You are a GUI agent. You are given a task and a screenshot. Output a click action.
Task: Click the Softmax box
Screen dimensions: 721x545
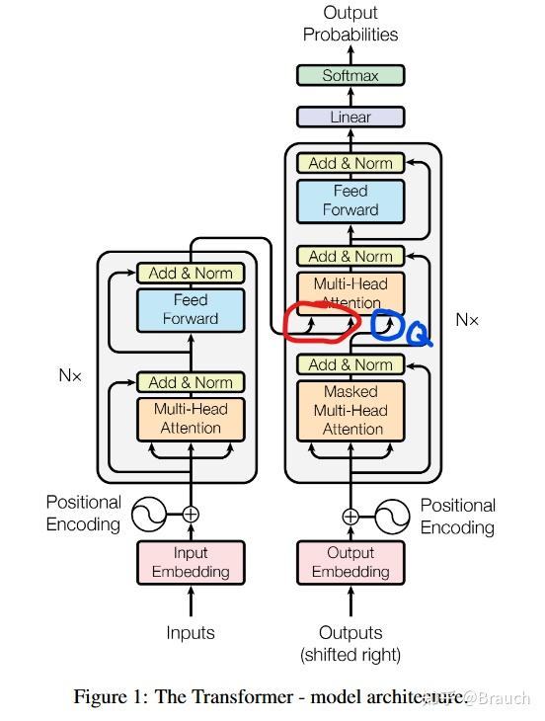pyautogui.click(x=350, y=75)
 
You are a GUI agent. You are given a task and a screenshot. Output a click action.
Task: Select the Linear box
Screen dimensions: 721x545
pyautogui.click(x=350, y=117)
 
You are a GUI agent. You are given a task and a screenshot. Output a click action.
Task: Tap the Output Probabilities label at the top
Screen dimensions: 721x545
pyautogui.click(x=350, y=24)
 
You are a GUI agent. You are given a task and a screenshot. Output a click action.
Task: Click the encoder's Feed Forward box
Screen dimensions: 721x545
pyautogui.click(x=191, y=308)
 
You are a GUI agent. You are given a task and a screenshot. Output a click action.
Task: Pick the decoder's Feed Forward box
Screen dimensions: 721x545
pyautogui.click(x=350, y=200)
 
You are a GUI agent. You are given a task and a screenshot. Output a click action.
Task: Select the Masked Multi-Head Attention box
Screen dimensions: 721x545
pyautogui.click(x=350, y=409)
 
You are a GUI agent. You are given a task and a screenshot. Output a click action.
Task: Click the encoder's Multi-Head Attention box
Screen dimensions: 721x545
pyautogui.click(x=191, y=419)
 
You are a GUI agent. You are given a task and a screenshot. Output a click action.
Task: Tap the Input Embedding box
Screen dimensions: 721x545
pyautogui.click(x=191, y=563)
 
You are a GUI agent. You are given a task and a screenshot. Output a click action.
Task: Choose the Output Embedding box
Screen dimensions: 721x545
pyautogui.click(x=350, y=563)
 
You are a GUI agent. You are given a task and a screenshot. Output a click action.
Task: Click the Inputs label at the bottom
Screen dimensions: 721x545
pyautogui.click(x=191, y=632)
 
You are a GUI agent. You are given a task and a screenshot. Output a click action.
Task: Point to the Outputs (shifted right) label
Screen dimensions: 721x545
pyautogui.click(x=350, y=643)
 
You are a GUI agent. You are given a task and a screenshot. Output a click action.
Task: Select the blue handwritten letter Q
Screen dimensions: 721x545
pyautogui.click(x=418, y=337)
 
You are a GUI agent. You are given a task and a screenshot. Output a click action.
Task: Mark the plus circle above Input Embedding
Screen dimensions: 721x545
pyautogui.click(x=191, y=515)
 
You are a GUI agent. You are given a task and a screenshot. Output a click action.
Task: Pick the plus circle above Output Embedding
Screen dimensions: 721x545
pyautogui.click(x=350, y=515)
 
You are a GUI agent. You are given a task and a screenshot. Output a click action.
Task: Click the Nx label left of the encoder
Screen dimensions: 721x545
pyautogui.click(x=70, y=376)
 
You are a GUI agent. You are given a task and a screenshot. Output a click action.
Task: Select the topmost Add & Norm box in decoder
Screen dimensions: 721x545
pyautogui.click(x=350, y=163)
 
